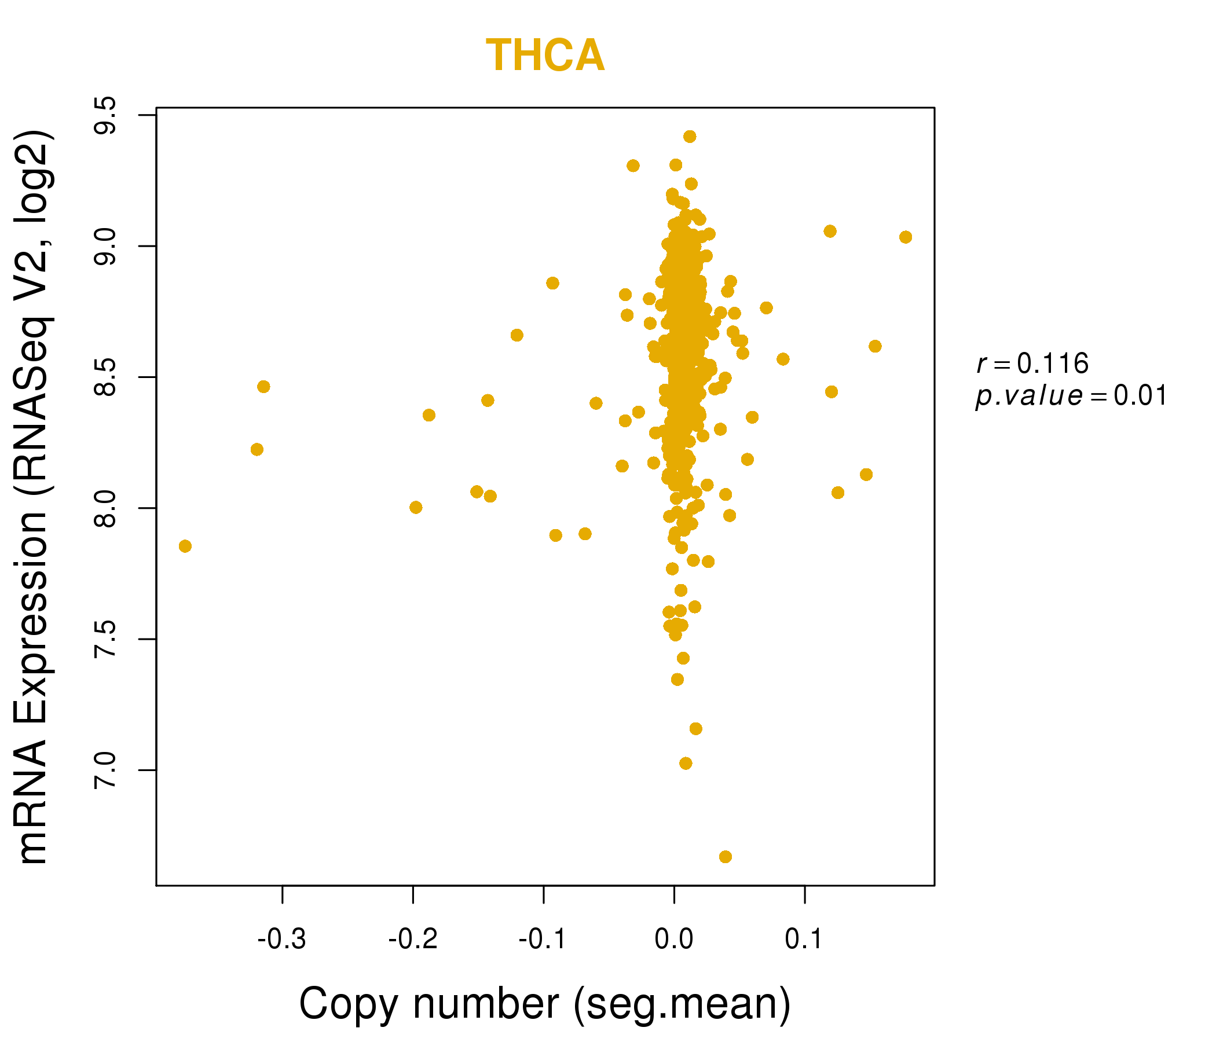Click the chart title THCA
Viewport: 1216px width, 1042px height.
545,56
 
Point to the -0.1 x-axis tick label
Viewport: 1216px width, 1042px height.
543,940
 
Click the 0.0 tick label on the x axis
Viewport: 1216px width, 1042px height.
674,940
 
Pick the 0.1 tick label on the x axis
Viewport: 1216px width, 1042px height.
804,940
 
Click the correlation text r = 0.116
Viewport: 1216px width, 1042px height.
1032,364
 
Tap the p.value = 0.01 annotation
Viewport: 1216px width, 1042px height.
1071,396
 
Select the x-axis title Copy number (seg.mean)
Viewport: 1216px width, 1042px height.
545,1004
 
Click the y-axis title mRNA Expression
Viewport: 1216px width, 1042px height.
34,497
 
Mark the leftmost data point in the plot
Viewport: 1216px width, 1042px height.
185,546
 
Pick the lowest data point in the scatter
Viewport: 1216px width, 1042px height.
726,857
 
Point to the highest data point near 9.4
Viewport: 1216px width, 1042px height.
690,137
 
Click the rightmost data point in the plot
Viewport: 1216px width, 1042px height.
906,237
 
